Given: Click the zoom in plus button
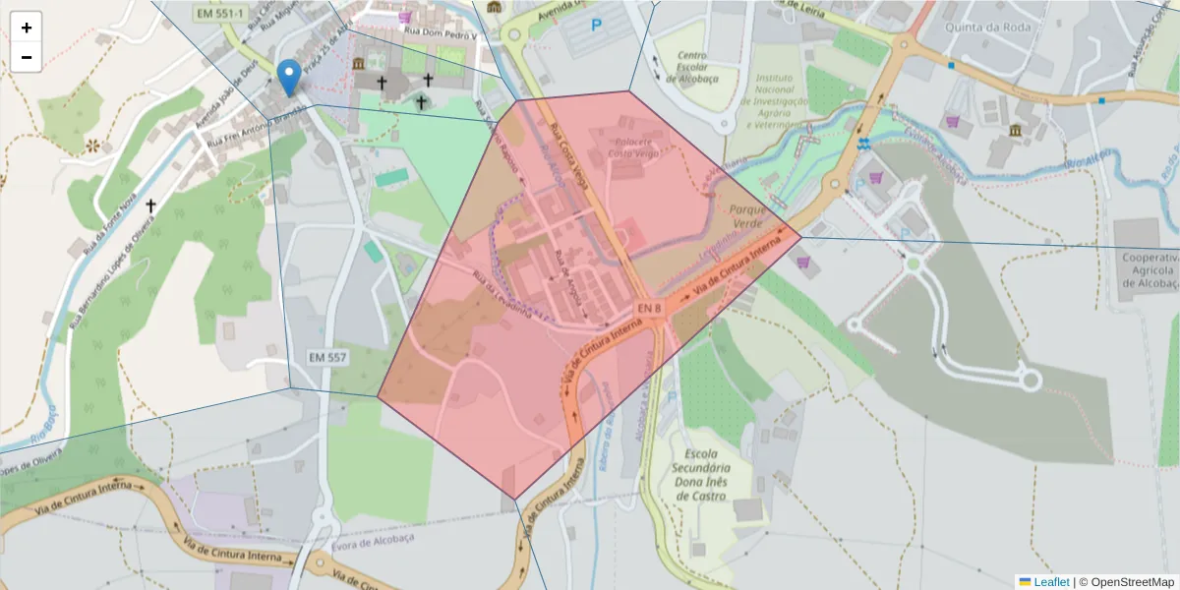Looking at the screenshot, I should pos(27,28).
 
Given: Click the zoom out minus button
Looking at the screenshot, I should pos(27,57).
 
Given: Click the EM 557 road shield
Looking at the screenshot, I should pos(326,357).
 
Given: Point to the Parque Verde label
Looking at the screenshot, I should pos(754,217).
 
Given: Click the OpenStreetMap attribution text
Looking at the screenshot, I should pos(1126,582).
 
